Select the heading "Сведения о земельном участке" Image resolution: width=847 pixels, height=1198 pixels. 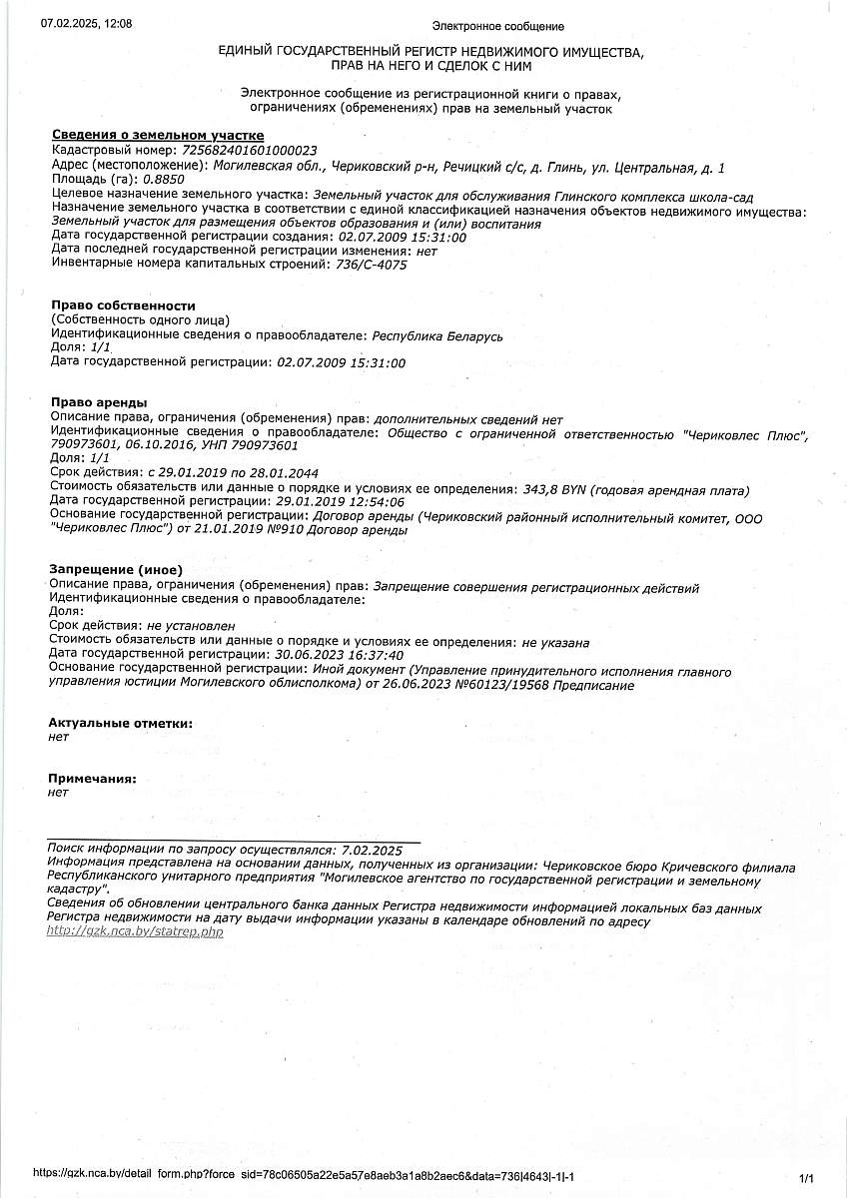coord(157,135)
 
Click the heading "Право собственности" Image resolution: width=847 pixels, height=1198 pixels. coord(123,305)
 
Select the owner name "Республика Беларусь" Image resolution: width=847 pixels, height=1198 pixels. coord(436,335)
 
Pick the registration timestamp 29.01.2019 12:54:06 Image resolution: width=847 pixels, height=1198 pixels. coord(341,502)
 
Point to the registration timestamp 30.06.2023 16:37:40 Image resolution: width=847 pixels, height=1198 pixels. coord(341,654)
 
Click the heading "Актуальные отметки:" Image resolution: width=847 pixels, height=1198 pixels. coord(120,723)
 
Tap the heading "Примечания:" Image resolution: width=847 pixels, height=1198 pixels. coord(92,778)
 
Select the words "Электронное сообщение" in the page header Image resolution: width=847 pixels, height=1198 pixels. coord(497,26)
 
